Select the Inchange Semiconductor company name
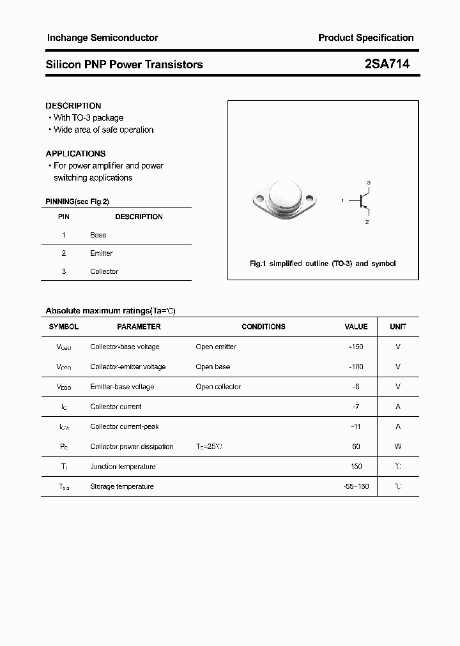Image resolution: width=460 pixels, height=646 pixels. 102,38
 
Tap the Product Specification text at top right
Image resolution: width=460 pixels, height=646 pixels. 365,38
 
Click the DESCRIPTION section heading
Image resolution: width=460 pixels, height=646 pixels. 73,106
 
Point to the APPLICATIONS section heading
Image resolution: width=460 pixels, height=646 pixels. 75,154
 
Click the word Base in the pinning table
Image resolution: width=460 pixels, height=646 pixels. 98,235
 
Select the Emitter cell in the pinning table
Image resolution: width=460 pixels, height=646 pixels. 102,253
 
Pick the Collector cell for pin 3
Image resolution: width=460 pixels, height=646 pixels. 104,271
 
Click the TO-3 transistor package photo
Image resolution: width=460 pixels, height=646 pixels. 284,200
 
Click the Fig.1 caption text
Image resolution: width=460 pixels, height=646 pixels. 322,264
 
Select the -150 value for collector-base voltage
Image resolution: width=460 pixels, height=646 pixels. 356,347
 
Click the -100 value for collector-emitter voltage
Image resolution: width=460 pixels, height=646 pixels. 356,366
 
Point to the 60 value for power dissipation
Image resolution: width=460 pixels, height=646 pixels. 356,446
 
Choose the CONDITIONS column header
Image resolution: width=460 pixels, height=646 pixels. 263,327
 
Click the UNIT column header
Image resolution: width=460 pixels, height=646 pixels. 398,327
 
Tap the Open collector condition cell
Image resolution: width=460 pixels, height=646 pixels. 218,387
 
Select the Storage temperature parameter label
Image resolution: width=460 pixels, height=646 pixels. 122,486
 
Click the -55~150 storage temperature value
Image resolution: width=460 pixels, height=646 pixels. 356,486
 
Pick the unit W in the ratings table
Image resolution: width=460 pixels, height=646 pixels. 398,446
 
